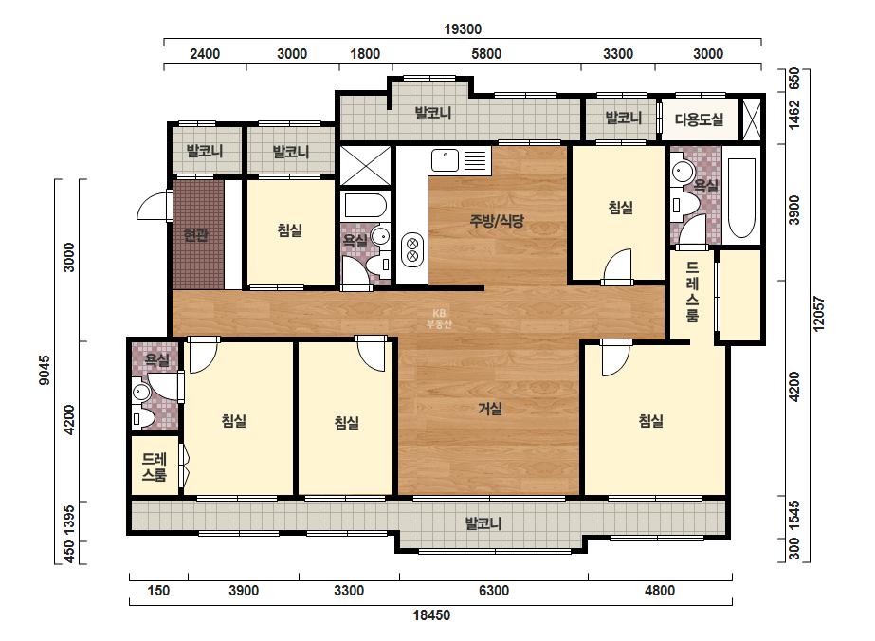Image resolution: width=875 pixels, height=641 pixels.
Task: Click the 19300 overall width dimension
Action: click(463, 29)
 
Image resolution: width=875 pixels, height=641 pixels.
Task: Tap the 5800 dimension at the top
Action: click(486, 54)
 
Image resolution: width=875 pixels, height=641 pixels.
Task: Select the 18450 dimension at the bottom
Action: click(431, 615)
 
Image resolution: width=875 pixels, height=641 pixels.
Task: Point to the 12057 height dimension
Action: click(819, 313)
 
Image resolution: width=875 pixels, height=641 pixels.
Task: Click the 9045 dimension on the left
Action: click(45, 370)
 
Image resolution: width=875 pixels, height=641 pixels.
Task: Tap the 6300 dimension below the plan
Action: click(494, 590)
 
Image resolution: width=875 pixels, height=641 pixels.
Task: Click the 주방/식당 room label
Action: click(497, 221)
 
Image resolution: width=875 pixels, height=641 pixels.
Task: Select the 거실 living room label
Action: click(490, 409)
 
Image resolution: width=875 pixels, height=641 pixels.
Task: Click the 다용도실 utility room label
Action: click(700, 119)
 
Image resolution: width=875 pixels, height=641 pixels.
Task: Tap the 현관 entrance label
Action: click(196, 235)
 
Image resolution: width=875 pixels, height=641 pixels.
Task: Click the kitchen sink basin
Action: click(445, 159)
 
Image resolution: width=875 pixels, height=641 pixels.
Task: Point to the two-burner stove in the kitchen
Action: click(413, 249)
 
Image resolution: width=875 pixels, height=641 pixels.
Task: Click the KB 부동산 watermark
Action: click(439, 319)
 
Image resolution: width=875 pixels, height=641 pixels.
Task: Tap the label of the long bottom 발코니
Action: click(483, 523)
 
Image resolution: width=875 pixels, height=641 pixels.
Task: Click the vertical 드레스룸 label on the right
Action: click(693, 291)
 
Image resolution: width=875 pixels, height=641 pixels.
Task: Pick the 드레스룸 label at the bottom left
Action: click(155, 467)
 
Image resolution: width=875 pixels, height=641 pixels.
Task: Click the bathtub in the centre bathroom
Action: click(366, 206)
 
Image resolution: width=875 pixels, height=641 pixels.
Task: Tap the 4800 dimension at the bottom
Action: click(660, 590)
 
